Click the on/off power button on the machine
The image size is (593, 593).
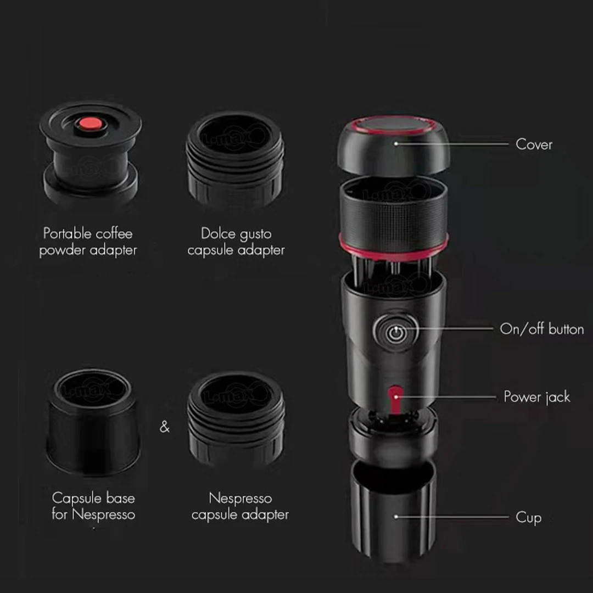[x=395, y=331]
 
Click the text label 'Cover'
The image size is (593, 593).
[x=534, y=144]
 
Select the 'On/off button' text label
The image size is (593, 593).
[x=541, y=329]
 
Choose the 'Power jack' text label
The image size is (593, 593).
[x=537, y=397]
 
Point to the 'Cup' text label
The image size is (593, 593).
[x=528, y=517]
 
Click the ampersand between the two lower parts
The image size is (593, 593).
[x=165, y=427]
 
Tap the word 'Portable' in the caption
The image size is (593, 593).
[x=68, y=233]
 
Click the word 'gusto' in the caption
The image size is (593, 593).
[x=254, y=234]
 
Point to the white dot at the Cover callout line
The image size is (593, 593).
[x=396, y=144]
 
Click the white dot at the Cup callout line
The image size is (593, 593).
[x=396, y=517]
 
